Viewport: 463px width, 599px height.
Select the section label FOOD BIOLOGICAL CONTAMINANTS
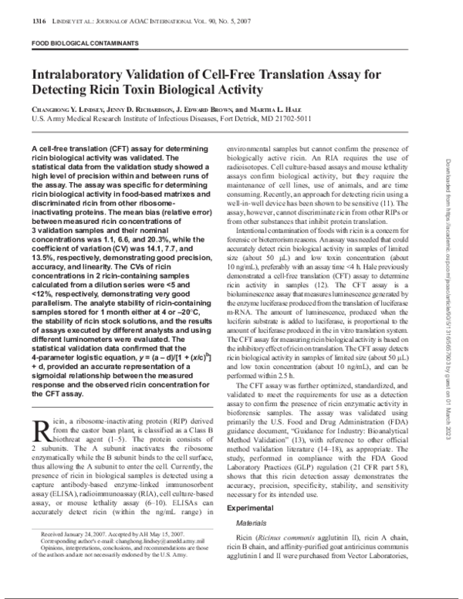click(x=79, y=45)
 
